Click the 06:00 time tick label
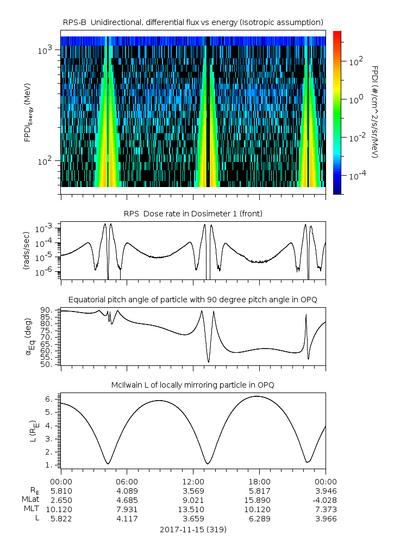tap(127, 481)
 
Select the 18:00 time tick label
tap(259, 481)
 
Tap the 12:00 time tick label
tap(193, 481)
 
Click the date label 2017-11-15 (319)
tap(193, 529)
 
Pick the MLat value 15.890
tap(259, 500)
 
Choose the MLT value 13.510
tap(193, 509)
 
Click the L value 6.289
tap(259, 519)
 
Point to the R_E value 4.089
tap(127, 490)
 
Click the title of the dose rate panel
tap(193, 214)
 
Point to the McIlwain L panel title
tap(193, 385)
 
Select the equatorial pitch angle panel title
tap(193, 300)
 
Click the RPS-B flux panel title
tap(193, 22)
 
